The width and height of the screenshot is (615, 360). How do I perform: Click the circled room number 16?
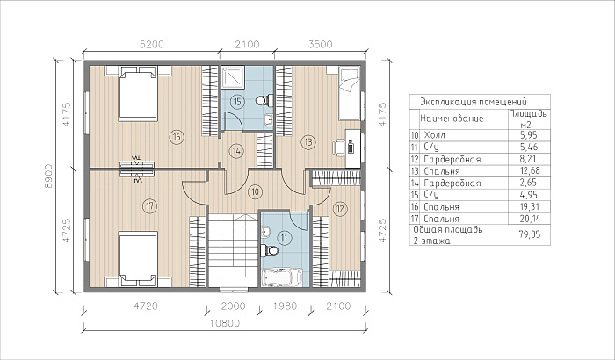[x=177, y=137]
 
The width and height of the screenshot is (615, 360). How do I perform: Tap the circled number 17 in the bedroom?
[x=149, y=205]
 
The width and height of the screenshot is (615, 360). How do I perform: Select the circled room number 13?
[x=308, y=141]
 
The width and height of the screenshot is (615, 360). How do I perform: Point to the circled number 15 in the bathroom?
[x=237, y=102]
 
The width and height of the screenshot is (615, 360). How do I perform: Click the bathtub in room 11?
[x=281, y=277]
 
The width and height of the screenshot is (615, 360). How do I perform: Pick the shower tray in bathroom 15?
[x=233, y=77]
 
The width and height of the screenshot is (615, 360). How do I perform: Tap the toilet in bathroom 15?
[x=264, y=100]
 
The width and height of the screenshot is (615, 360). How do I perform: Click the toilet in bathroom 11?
[x=270, y=250]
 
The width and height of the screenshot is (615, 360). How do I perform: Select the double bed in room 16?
[x=138, y=93]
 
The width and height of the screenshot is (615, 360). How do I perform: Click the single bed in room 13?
[x=349, y=93]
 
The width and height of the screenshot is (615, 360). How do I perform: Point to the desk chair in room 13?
[x=339, y=148]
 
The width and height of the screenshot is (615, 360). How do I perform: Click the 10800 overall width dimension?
[x=225, y=323]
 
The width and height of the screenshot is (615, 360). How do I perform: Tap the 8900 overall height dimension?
[x=48, y=176]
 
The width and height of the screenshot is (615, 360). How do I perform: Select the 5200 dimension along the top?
[x=152, y=44]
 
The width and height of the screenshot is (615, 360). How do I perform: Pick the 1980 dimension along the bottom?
[x=285, y=306]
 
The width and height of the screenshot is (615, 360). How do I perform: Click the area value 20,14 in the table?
[x=529, y=219]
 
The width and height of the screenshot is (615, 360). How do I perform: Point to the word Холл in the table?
[x=435, y=135]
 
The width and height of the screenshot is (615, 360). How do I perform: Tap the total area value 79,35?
[x=529, y=234]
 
